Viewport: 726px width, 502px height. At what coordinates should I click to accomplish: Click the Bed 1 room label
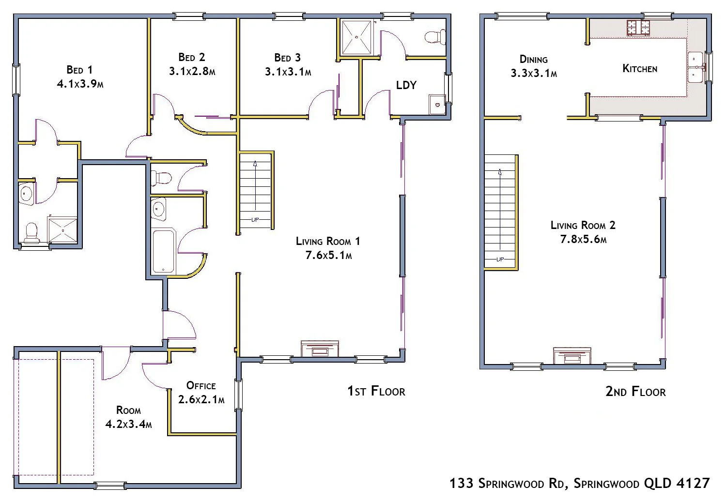coord(79,70)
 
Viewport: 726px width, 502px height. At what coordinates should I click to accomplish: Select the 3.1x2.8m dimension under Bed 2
coord(192,72)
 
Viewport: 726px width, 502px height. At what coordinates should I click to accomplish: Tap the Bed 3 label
coord(288,58)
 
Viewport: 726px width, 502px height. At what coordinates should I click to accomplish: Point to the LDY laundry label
coord(406,85)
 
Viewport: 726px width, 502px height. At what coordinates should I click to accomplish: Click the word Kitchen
coord(640,69)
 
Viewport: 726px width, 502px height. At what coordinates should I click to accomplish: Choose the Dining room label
coord(533,60)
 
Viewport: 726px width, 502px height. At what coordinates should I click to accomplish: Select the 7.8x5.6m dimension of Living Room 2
coord(583,239)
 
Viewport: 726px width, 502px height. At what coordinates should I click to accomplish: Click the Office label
coord(201,386)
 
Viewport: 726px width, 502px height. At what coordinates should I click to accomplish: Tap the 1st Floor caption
coord(376,391)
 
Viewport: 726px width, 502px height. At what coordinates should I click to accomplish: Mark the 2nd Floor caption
coord(635,392)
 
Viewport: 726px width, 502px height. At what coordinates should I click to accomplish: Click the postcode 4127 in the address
coord(695,483)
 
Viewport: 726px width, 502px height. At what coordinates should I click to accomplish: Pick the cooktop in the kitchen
coord(638,28)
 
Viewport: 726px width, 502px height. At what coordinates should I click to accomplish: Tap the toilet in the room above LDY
coord(434,37)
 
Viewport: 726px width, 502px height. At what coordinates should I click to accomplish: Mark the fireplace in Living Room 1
coord(320,349)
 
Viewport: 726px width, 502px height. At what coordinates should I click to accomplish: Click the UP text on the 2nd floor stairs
coord(500,259)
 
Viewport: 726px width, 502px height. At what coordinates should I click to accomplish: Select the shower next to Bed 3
coord(356,37)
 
